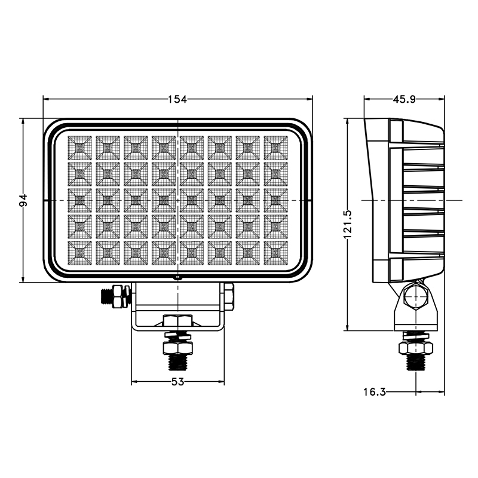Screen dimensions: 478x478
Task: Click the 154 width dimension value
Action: coord(177,99)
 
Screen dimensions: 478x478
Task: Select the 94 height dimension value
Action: coord(23,200)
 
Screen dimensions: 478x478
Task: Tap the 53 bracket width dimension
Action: coord(177,382)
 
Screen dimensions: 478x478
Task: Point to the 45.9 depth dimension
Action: coord(404,99)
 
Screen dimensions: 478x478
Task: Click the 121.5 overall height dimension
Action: coord(348,225)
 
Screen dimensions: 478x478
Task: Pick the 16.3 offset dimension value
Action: coord(375,392)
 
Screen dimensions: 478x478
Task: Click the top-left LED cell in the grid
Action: coord(79,148)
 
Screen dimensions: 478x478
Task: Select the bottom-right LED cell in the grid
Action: coord(275,253)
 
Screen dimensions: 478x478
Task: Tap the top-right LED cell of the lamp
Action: coord(275,148)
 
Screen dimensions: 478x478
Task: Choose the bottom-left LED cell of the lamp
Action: coord(79,253)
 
